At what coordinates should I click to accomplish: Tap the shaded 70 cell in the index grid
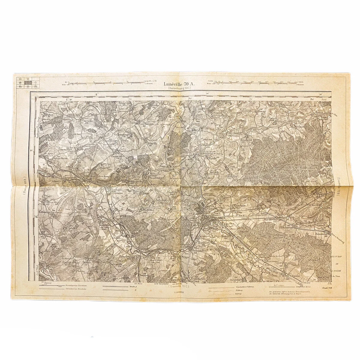28,82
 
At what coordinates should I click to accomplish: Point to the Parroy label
272,118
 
